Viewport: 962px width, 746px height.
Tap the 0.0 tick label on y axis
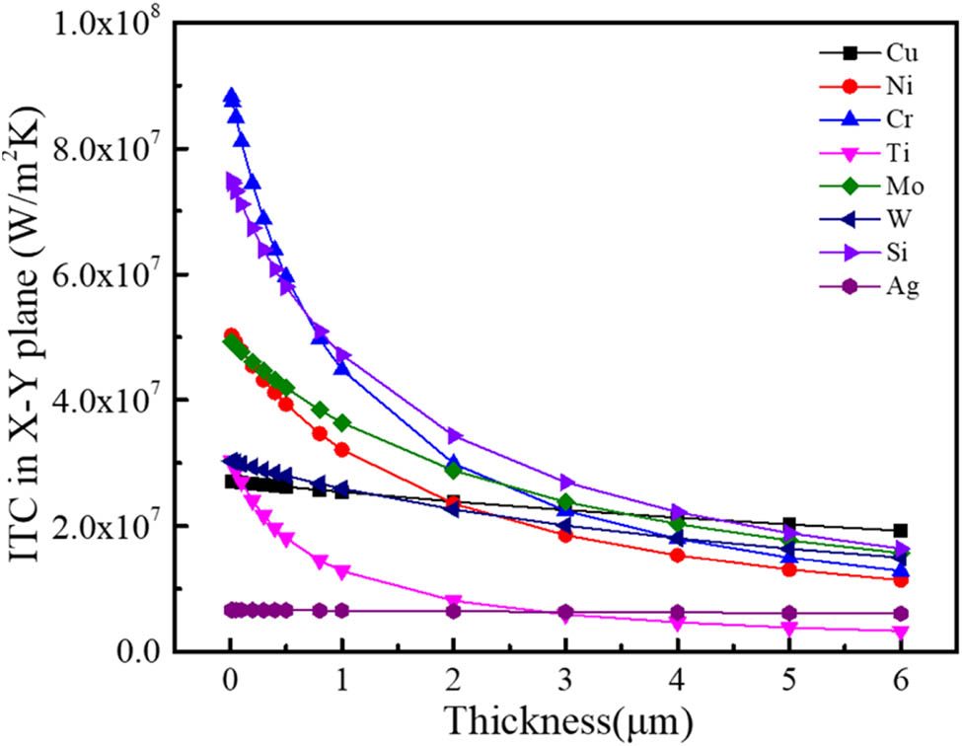coord(137,651)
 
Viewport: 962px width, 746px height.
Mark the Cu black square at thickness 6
coord(900,531)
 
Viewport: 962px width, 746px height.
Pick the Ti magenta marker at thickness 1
coord(342,572)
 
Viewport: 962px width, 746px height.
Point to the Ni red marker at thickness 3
coord(565,535)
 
